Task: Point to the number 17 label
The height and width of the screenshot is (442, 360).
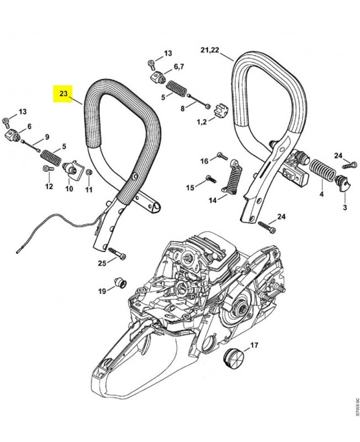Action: click(254, 346)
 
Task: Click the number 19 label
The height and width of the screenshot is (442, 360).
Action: click(102, 291)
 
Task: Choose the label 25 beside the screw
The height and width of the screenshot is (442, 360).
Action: click(102, 263)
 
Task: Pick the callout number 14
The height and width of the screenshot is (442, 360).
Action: click(213, 200)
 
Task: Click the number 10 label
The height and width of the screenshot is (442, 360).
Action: click(69, 188)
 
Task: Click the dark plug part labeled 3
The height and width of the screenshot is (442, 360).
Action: click(343, 185)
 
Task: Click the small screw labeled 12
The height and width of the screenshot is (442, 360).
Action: click(46, 169)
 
